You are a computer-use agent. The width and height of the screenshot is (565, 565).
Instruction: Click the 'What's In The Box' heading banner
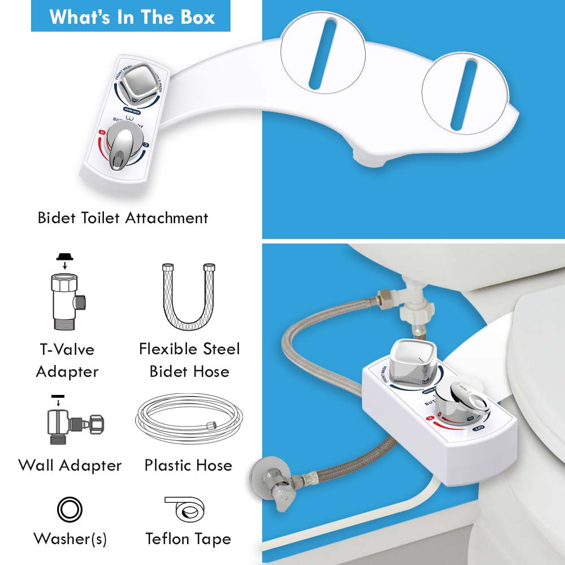[x=131, y=16]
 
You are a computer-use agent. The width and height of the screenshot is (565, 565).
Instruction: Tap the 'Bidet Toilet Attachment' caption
[x=123, y=218]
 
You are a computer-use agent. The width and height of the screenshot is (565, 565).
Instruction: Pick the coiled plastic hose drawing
[x=189, y=421]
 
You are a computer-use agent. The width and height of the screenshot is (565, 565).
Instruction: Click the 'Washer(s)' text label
[x=70, y=538]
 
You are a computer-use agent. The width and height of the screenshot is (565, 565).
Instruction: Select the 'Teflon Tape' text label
[x=188, y=538]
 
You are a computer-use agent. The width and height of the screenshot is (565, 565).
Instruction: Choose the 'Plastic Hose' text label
[x=188, y=466]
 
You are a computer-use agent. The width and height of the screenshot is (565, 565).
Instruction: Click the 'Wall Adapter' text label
[x=70, y=466]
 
